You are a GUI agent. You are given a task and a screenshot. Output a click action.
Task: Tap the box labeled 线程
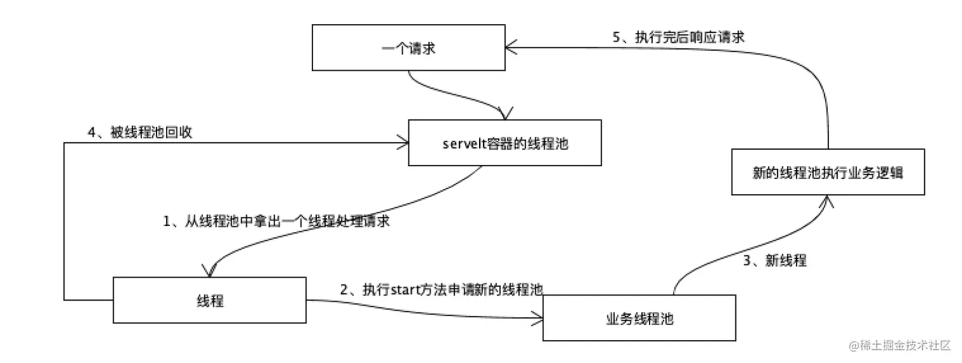tap(210, 300)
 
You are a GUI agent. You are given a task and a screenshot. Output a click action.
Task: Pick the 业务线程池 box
tap(639, 318)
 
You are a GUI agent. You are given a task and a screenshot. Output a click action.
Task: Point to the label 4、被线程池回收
tap(140, 132)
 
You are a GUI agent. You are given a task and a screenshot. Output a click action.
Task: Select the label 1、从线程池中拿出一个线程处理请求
tap(277, 222)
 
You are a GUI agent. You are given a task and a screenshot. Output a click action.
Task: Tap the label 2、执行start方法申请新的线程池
tap(441, 290)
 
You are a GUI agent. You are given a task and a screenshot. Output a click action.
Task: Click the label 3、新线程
tap(775, 260)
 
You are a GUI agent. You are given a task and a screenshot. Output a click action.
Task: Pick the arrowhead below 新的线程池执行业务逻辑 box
tap(826, 201)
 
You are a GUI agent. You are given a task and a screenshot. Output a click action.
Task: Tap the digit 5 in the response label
tap(616, 37)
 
